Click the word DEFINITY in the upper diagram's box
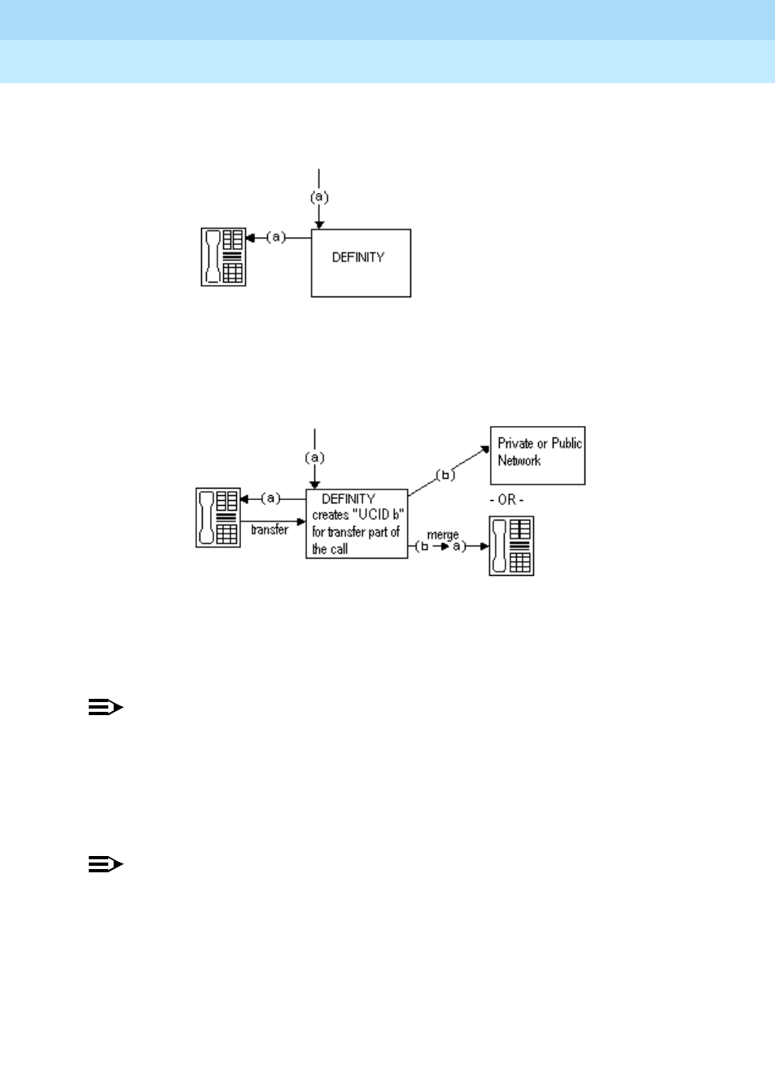click(x=358, y=257)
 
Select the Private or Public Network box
click(x=537, y=455)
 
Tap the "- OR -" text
click(x=506, y=499)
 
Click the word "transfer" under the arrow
click(x=269, y=530)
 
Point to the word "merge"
click(x=443, y=535)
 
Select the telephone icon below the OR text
click(x=511, y=546)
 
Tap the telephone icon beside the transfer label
click(x=218, y=517)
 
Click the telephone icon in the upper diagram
click(x=223, y=257)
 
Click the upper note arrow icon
click(x=105, y=709)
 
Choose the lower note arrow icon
click(x=105, y=865)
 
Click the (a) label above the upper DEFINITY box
click(x=319, y=196)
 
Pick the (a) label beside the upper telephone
click(x=278, y=237)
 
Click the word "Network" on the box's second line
click(x=519, y=461)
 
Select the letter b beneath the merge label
click(x=423, y=547)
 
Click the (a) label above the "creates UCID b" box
click(x=315, y=457)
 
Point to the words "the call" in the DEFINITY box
click(x=331, y=549)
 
